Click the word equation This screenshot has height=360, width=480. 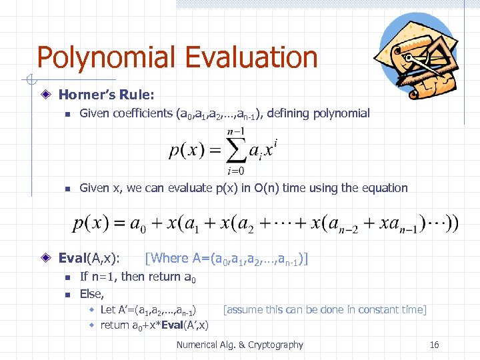pyautogui.click(x=385, y=188)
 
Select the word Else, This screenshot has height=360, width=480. pyautogui.click(x=92, y=293)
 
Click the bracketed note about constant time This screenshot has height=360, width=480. pyautogui.click(x=325, y=309)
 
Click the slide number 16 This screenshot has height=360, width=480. pyautogui.click(x=434, y=345)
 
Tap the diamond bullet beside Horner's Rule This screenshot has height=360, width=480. pyautogui.click(x=45, y=95)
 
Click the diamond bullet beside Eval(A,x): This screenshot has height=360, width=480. pyautogui.click(x=45, y=258)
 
